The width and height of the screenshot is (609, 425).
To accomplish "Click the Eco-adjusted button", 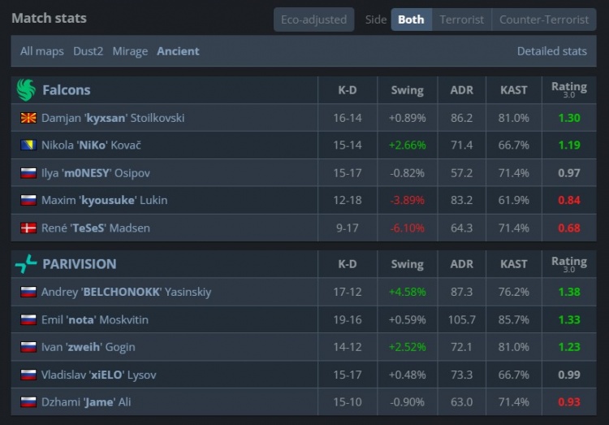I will [x=313, y=20].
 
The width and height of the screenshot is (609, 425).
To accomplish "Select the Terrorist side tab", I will [x=461, y=20].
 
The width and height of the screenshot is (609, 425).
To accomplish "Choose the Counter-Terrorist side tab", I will [x=544, y=20].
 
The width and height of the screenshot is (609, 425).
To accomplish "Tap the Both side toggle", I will [x=411, y=20].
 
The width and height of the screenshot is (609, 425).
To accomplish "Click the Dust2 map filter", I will [x=88, y=51].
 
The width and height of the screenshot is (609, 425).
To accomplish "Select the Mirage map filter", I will [x=130, y=51].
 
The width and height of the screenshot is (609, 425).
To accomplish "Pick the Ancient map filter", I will [x=178, y=51].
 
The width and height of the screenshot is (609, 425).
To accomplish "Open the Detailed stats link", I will [x=551, y=51].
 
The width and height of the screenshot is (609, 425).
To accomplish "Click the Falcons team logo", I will [x=26, y=90].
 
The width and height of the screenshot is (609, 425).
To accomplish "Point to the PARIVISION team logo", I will [x=26, y=263].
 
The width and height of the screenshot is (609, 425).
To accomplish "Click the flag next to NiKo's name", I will [x=28, y=145].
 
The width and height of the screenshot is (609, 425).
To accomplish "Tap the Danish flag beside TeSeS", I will [x=28, y=228].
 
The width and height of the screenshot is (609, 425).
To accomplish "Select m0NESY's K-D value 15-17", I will [x=348, y=173].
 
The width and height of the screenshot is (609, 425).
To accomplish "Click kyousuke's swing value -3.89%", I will [x=407, y=201].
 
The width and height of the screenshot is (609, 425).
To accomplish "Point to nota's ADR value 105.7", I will [x=461, y=320].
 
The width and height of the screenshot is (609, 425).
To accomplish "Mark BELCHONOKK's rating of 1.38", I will [x=568, y=293].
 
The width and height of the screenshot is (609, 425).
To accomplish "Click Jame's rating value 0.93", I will [x=568, y=403].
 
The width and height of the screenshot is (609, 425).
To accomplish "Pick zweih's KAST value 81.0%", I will [x=513, y=348].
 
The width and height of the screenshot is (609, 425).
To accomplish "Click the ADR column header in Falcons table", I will [x=461, y=90].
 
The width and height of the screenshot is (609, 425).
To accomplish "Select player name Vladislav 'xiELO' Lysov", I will [x=98, y=375].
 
